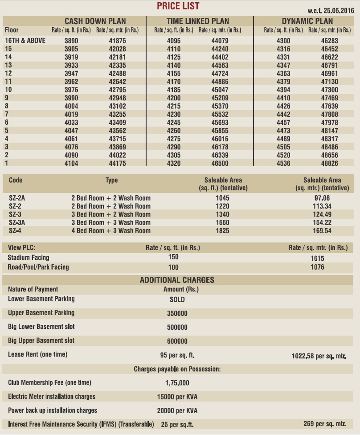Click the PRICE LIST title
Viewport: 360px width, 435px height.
pos(178,6)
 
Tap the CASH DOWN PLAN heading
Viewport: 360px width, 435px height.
pos(95,21)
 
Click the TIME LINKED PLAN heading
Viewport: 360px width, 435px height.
pos(198,21)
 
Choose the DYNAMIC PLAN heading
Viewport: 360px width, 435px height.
pos(307,21)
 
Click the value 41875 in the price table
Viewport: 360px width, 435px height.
pos(117,41)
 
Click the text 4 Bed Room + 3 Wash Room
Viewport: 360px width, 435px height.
pos(111,231)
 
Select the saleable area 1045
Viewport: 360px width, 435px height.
pos(222,198)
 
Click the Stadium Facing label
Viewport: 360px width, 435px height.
pos(29,257)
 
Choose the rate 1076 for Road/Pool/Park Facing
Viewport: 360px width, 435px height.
pos(318,267)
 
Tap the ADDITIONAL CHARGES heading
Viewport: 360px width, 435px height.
pos(177,280)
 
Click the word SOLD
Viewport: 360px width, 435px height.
pos(177,299)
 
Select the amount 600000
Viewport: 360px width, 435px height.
pos(177,341)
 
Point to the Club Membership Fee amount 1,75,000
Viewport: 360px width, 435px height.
pos(177,383)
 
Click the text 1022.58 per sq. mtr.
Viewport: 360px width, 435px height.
pos(319,356)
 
